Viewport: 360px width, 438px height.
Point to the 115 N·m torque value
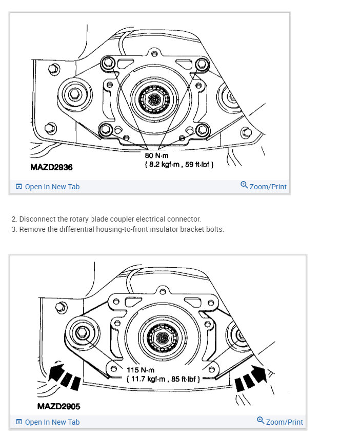140,370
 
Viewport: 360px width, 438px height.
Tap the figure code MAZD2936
51,167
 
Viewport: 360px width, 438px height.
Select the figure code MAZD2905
58,406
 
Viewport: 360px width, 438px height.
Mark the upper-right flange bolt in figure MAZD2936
202,64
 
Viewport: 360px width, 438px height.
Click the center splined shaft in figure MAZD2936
154,97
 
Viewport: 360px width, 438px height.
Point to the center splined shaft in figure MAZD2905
163,339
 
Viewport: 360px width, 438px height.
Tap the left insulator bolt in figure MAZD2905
82,334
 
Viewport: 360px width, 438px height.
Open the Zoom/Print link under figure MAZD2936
264,186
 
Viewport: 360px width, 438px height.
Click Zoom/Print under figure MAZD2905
280,422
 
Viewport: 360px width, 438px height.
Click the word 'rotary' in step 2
79,219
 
